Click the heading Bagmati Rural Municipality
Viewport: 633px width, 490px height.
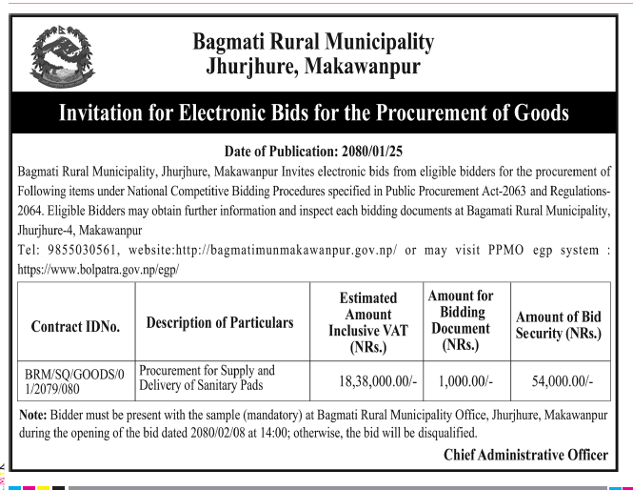(313, 42)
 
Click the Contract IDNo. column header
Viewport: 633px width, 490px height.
(76, 326)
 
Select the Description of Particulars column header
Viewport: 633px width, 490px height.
(220, 323)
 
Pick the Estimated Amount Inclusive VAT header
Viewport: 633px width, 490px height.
(368, 323)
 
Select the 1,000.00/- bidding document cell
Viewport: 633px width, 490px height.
(465, 379)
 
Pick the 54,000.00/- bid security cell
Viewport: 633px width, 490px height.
(561, 379)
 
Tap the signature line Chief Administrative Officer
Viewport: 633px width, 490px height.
(525, 454)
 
